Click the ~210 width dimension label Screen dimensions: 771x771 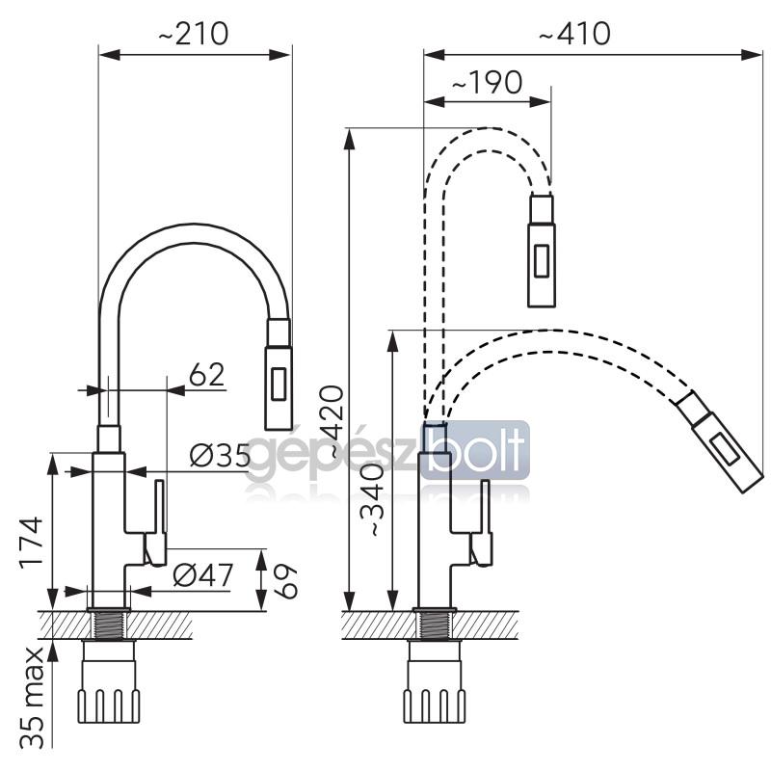point(194,34)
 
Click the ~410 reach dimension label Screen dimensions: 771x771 point(574,34)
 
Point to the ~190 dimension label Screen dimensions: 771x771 point(487,82)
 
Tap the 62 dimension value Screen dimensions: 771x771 point(206,375)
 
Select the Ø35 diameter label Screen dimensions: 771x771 point(220,455)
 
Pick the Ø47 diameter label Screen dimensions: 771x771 point(203,574)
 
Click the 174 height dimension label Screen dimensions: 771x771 point(32,543)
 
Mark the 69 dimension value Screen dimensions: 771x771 point(285,581)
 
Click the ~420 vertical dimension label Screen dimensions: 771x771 point(331,421)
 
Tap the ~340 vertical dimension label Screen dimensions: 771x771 point(372,500)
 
